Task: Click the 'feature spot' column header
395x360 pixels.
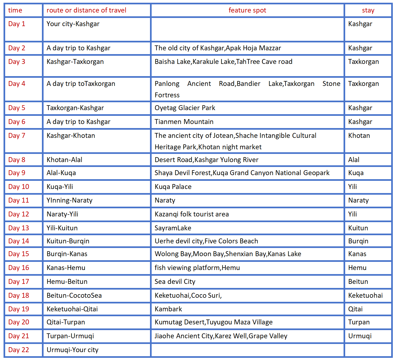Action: click(x=247, y=10)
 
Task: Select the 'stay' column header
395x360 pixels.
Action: click(x=368, y=10)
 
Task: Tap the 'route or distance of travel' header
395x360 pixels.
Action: click(x=86, y=10)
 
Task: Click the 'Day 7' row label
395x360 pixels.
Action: click(x=17, y=135)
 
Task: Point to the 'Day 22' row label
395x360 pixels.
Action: click(x=19, y=350)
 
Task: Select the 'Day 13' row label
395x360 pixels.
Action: click(x=19, y=228)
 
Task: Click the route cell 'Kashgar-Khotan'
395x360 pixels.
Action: click(x=71, y=135)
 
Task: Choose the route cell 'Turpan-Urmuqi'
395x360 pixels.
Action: click(x=70, y=336)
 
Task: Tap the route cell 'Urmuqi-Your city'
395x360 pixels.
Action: click(x=72, y=350)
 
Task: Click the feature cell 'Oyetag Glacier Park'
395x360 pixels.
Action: click(x=185, y=108)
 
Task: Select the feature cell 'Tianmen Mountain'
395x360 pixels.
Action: click(x=184, y=122)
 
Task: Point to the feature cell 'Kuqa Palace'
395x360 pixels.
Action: click(x=173, y=187)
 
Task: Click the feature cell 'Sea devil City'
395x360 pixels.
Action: click(x=175, y=281)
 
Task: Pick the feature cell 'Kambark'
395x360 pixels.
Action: click(x=168, y=309)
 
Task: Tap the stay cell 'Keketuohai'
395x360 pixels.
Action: click(x=365, y=295)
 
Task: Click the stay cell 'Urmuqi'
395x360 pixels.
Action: click(x=360, y=336)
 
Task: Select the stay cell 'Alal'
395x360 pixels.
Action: click(x=354, y=160)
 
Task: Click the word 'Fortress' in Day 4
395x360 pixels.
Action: click(x=167, y=95)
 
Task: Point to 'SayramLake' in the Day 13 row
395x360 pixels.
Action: click(x=173, y=228)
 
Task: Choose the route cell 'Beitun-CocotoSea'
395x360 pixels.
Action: click(x=74, y=295)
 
